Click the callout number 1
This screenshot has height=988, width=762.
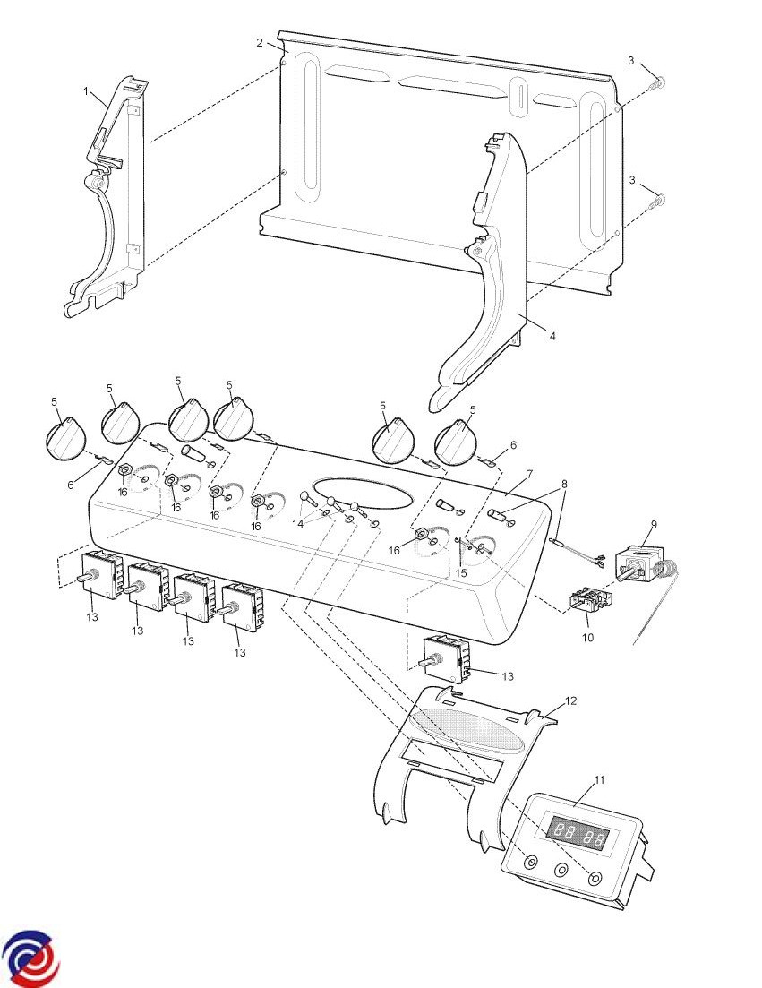[x=87, y=91]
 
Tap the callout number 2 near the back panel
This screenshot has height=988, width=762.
[x=260, y=43]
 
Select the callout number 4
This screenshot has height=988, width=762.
[x=552, y=336]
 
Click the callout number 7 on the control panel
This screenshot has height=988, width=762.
[x=529, y=472]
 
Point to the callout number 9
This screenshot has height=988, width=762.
[x=654, y=524]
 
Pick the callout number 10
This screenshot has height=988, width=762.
[x=588, y=638]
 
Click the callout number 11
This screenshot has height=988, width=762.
[x=599, y=779]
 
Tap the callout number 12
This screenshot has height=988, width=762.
[x=570, y=700]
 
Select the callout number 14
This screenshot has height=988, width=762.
[x=299, y=522]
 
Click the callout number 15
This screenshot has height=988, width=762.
[x=461, y=572]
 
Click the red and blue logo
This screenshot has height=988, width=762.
[x=30, y=957]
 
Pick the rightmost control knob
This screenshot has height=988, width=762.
[x=461, y=442]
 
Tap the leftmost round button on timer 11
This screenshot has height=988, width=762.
[x=531, y=863]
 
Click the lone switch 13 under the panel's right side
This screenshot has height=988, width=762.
[x=445, y=659]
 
